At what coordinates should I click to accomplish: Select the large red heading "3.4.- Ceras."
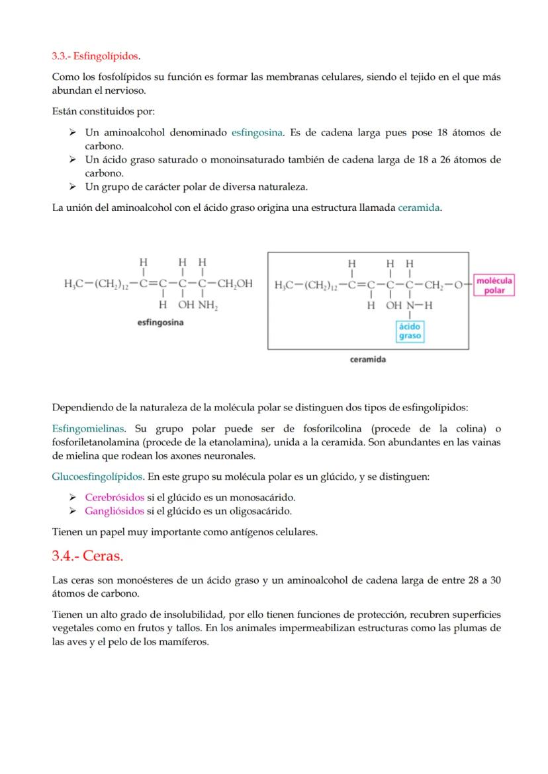tap(87, 556)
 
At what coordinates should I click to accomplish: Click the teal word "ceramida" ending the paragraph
tap(419, 208)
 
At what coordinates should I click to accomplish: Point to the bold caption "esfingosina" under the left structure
tap(160, 323)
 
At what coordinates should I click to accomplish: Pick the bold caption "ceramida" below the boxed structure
tap(368, 360)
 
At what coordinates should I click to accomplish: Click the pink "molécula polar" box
tap(494, 286)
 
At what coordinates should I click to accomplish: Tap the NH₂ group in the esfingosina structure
tap(208, 306)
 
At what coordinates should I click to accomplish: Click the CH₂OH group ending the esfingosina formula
tap(235, 284)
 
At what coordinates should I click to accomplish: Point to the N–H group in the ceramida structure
tap(419, 306)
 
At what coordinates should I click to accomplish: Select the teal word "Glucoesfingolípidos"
tap(97, 476)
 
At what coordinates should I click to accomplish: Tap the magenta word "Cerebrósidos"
tap(114, 497)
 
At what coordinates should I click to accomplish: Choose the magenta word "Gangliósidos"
tap(114, 511)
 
